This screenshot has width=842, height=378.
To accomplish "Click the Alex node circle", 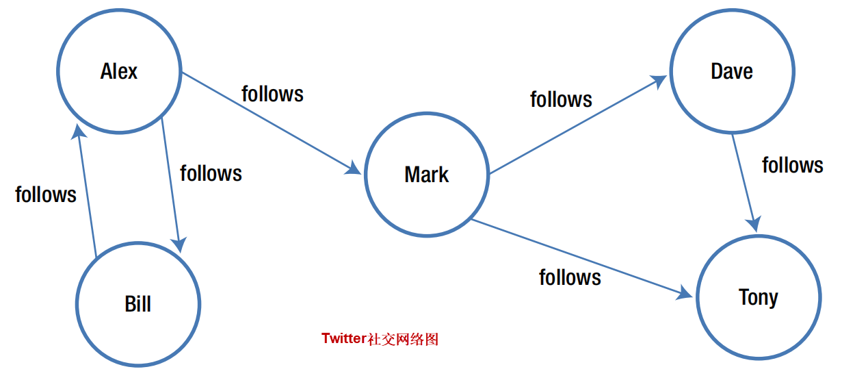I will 119,71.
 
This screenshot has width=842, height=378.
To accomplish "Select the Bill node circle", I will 138,304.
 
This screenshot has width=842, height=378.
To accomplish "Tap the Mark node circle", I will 427,175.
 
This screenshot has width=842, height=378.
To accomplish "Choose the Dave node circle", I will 732,71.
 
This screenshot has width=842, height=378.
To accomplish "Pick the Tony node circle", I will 759,297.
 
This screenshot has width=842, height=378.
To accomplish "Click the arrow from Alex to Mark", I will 270,122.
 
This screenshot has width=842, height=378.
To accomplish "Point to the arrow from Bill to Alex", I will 87,192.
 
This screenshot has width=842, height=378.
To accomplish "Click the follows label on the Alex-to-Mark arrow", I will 272,93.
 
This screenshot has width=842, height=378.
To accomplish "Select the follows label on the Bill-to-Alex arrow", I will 46,194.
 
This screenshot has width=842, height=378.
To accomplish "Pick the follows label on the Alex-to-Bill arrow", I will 211,173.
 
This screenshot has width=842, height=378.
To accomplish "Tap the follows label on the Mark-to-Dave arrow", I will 561,99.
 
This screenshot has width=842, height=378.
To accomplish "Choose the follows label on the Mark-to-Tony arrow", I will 570,277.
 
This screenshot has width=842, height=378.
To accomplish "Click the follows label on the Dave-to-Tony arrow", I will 793,165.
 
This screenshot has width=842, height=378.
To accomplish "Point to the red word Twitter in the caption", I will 344,339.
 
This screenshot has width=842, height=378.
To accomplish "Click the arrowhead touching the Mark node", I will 354,168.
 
